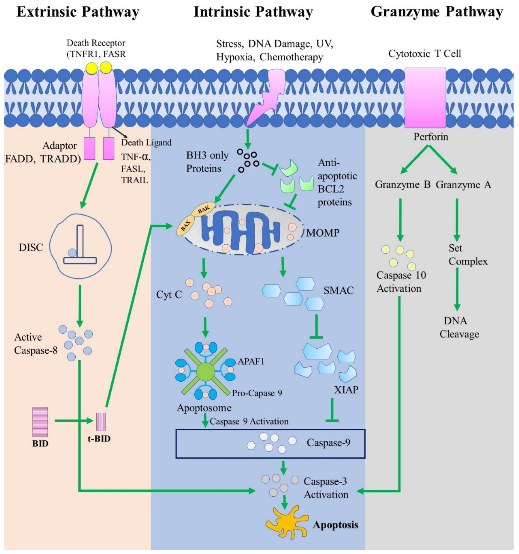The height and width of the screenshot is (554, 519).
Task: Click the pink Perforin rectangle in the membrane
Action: pyautogui.click(x=425, y=98)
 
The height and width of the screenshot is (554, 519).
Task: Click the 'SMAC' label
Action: pyautogui.click(x=338, y=291)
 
